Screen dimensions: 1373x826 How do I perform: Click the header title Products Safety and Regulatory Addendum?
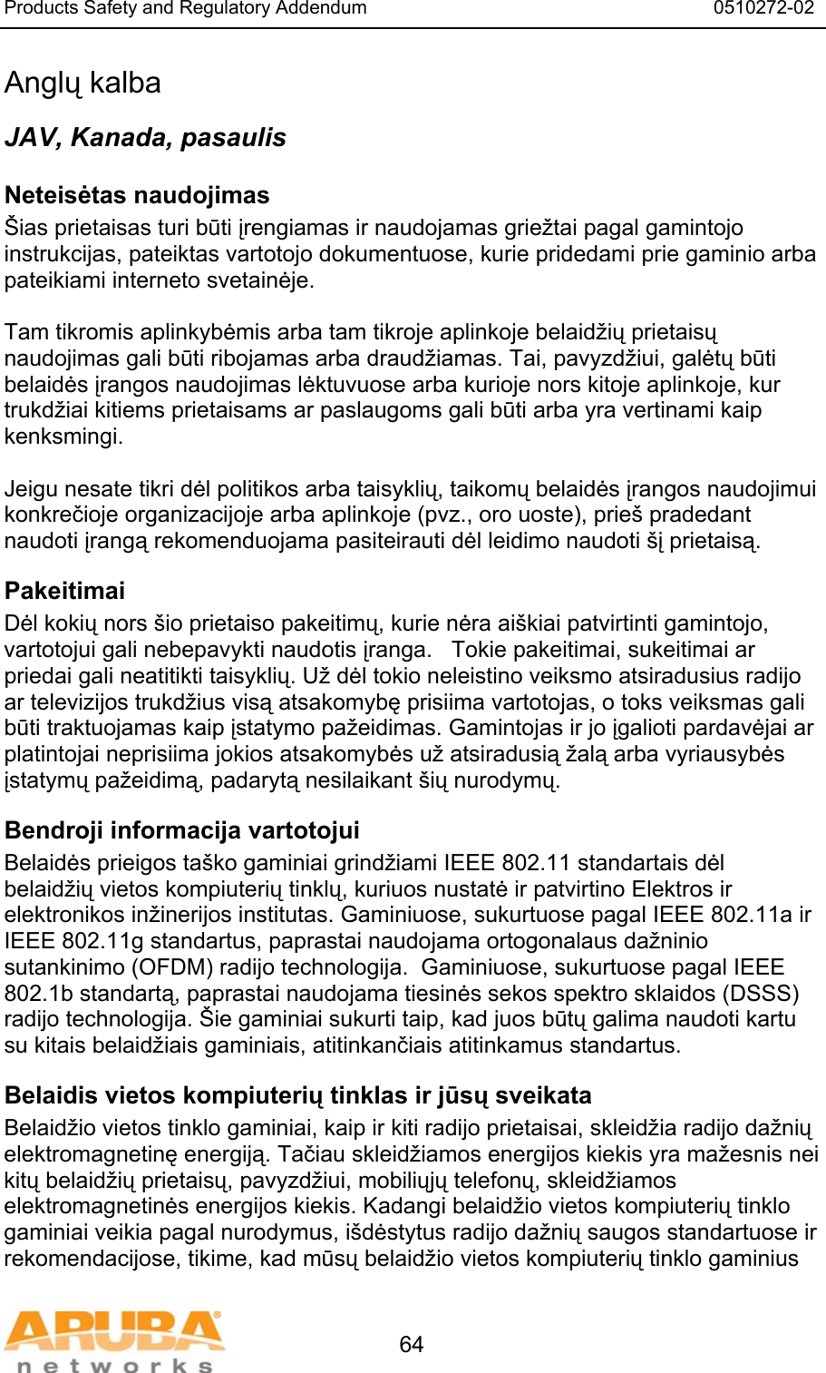coord(186,9)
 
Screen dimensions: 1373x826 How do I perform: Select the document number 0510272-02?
coord(763,9)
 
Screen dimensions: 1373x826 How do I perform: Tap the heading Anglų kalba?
coord(83,83)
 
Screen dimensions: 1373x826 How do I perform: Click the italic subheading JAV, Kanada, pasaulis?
coord(145,138)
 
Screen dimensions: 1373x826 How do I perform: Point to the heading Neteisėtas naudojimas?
coord(137,195)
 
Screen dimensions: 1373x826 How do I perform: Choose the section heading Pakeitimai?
coord(64,591)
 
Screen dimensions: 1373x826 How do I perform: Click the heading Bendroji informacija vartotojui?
coord(182,830)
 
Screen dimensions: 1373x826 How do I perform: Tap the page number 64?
coord(412,1344)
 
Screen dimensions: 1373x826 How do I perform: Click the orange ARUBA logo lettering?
coord(114,1331)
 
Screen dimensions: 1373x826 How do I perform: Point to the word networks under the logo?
coord(114,1365)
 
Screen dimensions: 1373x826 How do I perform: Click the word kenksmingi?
coord(63,436)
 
